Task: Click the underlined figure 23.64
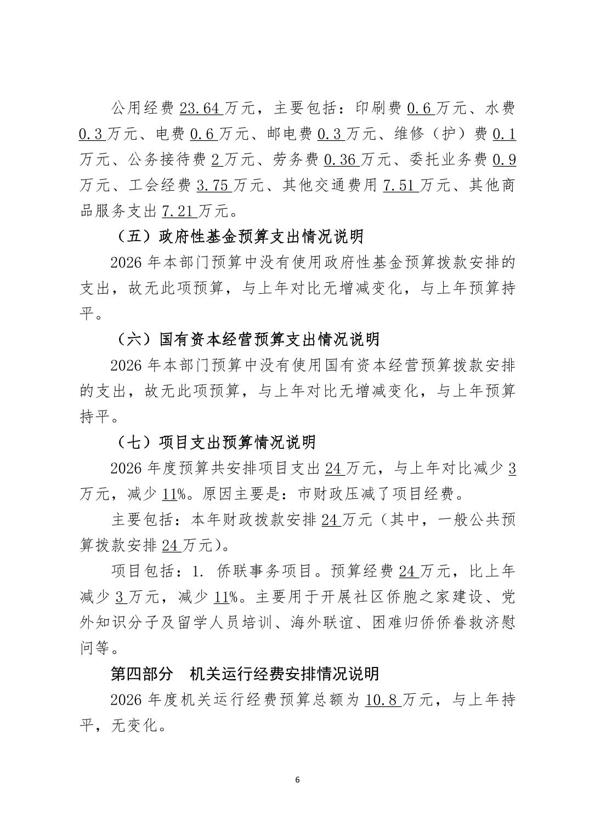(x=200, y=109)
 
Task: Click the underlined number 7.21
(x=178, y=210)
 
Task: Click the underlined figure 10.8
(x=382, y=700)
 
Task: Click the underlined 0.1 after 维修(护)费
(x=504, y=134)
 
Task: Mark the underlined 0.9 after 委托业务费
(x=504, y=159)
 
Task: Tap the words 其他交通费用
(x=330, y=185)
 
